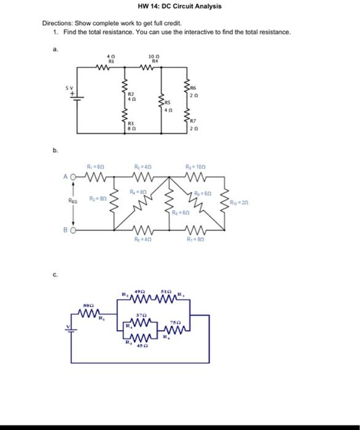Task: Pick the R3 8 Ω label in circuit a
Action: (x=130, y=127)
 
